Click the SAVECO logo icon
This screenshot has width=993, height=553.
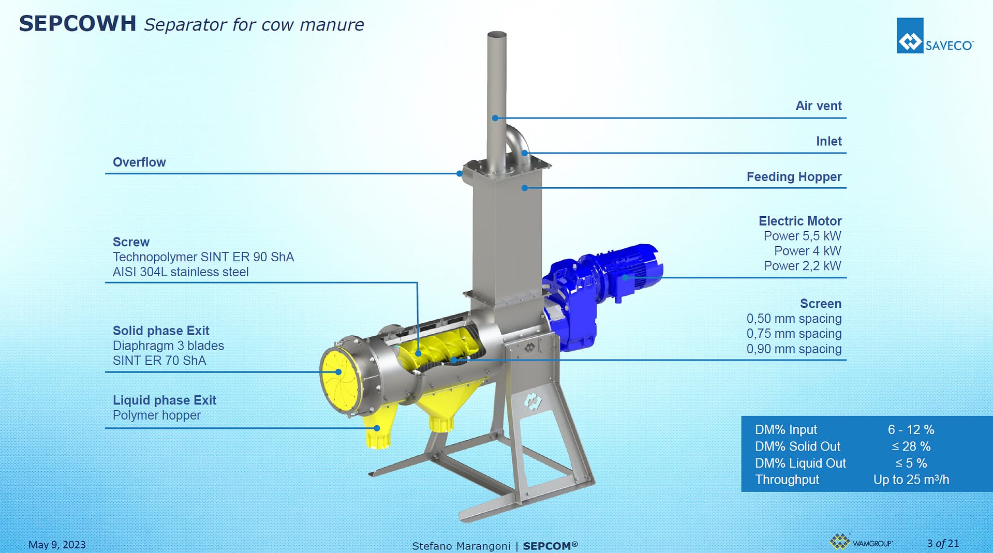click(x=910, y=36)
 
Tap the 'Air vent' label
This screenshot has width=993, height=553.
click(x=819, y=106)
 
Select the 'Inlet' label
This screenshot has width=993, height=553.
click(x=829, y=141)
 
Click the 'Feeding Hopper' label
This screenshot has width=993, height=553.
click(x=794, y=177)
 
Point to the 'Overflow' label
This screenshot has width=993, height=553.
click(x=139, y=162)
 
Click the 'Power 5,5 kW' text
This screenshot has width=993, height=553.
click(x=803, y=236)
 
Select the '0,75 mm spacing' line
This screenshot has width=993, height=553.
click(x=794, y=334)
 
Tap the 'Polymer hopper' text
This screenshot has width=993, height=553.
click(x=157, y=415)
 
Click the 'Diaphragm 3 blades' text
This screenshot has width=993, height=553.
click(x=169, y=346)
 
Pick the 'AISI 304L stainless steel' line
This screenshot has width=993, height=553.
click(x=181, y=272)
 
